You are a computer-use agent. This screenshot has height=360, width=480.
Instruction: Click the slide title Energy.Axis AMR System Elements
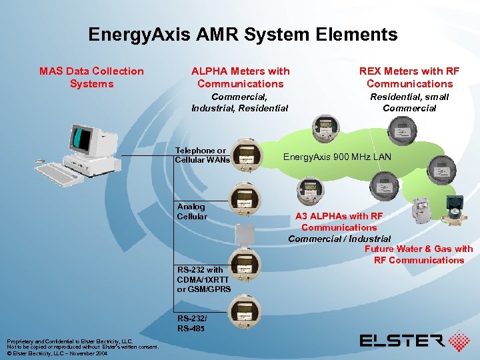[243, 35]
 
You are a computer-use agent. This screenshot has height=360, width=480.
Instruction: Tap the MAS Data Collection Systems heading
[91, 77]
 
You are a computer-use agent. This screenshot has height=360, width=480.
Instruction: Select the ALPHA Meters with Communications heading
[240, 77]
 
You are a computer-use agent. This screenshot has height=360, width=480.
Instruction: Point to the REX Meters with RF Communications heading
[409, 77]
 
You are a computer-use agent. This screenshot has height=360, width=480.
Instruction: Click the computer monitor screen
[81, 139]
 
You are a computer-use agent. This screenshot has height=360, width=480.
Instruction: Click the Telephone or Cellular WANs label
[202, 155]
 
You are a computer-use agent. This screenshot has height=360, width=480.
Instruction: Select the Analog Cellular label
[192, 212]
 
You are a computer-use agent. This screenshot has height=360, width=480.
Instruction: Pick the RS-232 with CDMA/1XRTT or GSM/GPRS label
[204, 279]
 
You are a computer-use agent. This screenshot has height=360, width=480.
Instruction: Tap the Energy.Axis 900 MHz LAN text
[337, 157]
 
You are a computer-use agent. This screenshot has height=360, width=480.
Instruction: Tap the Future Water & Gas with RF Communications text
[419, 255]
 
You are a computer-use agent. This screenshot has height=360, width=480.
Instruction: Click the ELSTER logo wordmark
[402, 341]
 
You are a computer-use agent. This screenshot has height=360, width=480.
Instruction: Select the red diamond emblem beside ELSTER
[460, 341]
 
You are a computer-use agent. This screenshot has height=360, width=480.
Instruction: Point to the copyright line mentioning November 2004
[57, 353]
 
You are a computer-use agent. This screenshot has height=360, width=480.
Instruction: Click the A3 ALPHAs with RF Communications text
[339, 221]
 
